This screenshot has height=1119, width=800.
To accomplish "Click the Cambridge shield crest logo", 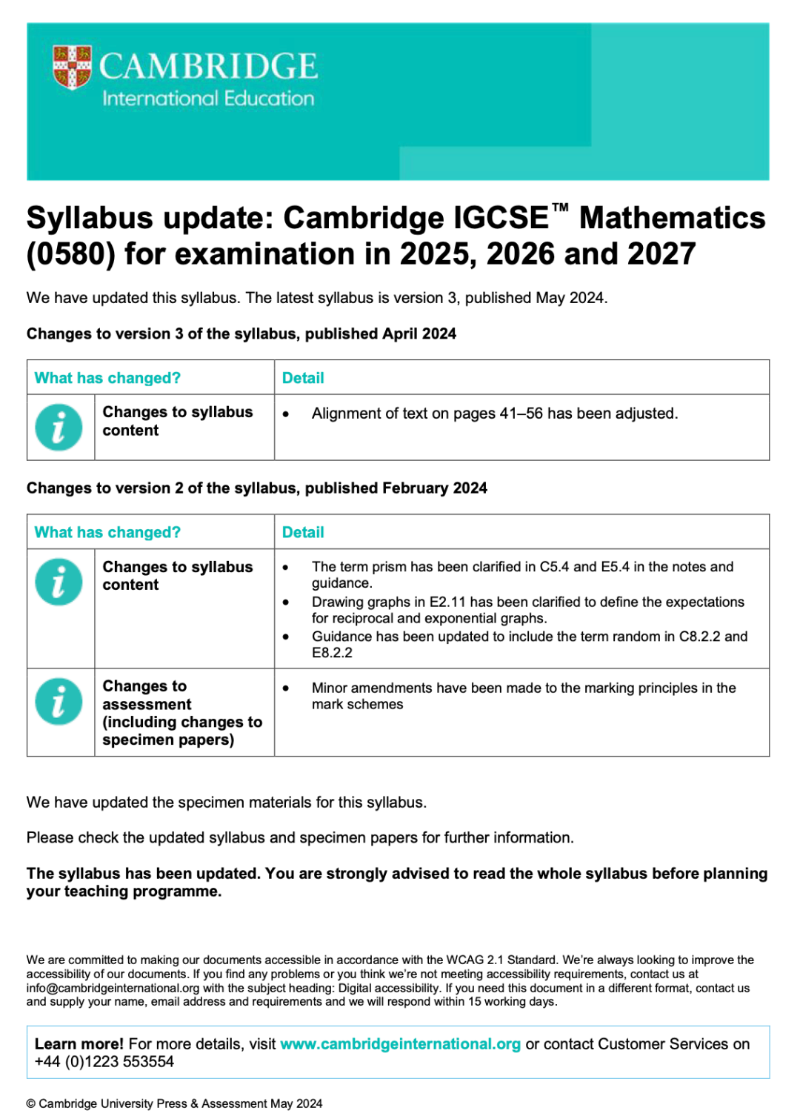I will click(x=72, y=67).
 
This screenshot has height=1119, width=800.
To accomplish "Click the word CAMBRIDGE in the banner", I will click(x=208, y=66).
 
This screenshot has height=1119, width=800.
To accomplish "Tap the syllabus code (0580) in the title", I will click(x=71, y=254).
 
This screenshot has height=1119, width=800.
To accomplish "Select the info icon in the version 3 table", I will click(x=59, y=428).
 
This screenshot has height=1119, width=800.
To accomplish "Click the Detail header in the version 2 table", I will click(x=303, y=532).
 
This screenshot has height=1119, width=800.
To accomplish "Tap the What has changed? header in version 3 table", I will click(x=107, y=378).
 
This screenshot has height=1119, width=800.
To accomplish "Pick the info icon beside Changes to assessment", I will click(x=59, y=701).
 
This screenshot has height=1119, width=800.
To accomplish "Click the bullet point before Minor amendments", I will click(x=286, y=688).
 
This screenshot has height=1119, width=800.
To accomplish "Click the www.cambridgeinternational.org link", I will click(x=400, y=1044).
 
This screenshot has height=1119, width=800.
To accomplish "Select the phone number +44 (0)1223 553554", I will click(x=104, y=1062).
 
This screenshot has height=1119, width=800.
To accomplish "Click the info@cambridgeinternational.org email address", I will click(x=113, y=988).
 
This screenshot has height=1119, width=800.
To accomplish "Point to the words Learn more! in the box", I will click(x=79, y=1044).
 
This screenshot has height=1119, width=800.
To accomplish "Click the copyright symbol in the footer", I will click(x=30, y=1103).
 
